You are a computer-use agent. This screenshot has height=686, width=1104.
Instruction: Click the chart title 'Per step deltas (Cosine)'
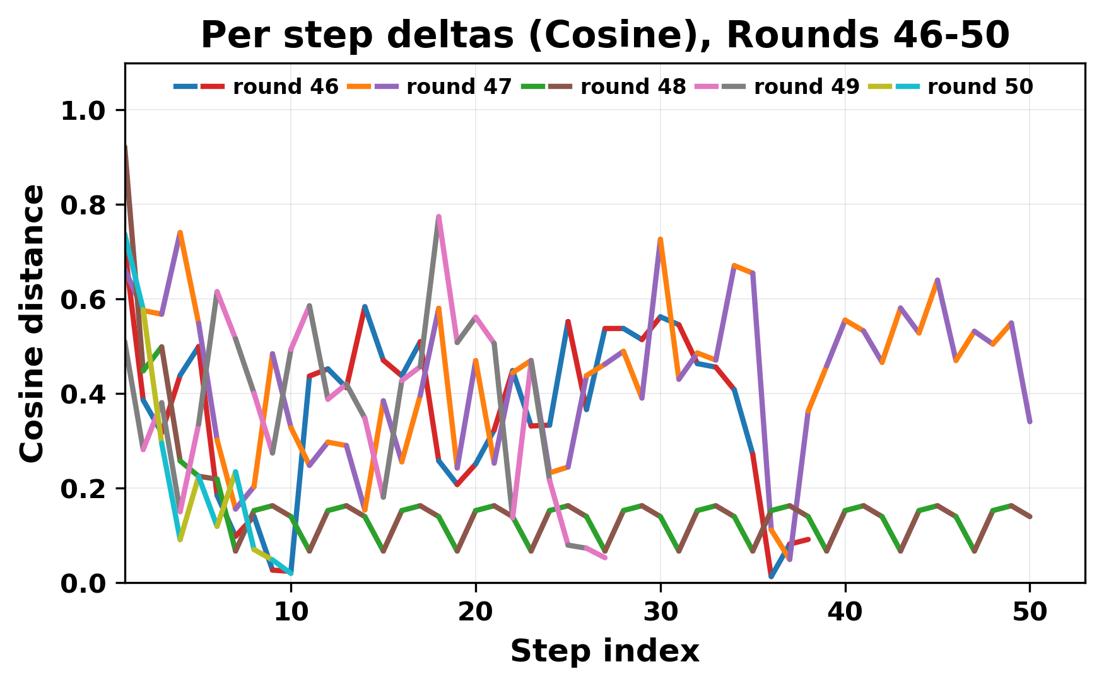point(604,35)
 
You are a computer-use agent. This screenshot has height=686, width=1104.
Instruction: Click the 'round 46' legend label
point(285,87)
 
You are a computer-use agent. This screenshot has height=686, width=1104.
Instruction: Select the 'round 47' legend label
point(459,87)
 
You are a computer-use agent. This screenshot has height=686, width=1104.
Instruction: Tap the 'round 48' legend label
point(633,87)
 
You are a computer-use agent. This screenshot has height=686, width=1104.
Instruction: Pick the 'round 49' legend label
point(806,87)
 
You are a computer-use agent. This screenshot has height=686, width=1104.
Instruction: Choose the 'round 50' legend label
point(980,87)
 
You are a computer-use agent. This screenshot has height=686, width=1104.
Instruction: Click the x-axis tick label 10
point(291,612)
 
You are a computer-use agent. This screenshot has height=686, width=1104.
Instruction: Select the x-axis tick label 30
point(661,612)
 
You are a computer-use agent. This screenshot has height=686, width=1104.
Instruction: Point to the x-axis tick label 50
point(1030,612)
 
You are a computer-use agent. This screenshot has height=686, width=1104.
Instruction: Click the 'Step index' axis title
point(604,651)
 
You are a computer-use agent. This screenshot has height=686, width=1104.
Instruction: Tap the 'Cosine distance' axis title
point(33,323)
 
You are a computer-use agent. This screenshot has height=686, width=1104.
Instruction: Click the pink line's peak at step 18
point(438,217)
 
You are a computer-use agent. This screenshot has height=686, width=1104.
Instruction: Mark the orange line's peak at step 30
point(661,240)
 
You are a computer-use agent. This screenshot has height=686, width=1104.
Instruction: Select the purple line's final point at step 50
point(1030,421)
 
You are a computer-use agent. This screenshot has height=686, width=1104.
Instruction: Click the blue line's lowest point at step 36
point(771,576)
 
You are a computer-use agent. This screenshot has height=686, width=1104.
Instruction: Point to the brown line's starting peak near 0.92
point(126,148)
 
